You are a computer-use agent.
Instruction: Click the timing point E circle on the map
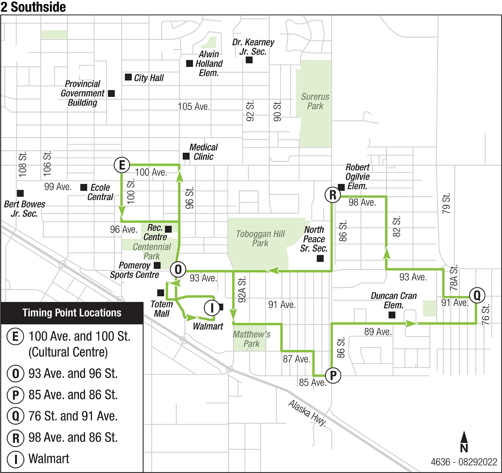122,165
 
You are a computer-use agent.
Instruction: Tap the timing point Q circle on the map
477,295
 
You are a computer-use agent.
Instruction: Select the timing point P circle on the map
333,375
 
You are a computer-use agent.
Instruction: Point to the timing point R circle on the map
333,195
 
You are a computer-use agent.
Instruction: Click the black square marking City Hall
128,77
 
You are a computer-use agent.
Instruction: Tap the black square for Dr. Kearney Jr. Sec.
249,60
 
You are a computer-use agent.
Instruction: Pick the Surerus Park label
315,101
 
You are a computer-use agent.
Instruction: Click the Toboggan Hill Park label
260,238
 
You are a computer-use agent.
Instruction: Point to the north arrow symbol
464,441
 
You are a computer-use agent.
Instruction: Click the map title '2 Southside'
33,7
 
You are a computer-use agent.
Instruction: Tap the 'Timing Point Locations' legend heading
72,313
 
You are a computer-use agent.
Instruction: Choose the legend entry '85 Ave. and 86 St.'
73,395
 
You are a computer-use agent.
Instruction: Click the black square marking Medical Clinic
186,156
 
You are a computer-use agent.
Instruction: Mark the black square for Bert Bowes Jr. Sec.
20,193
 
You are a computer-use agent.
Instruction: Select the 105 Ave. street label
194,107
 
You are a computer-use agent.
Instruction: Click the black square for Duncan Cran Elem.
392,315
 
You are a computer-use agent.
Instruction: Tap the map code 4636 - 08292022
464,462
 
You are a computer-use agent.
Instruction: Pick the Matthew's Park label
252,339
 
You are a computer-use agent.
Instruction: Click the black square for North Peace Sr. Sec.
320,258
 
